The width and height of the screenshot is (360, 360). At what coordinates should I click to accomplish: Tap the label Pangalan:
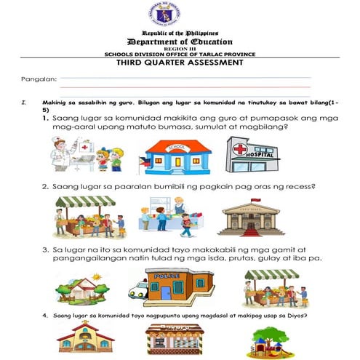[39, 78]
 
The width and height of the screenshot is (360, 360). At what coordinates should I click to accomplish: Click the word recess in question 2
[298, 187]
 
